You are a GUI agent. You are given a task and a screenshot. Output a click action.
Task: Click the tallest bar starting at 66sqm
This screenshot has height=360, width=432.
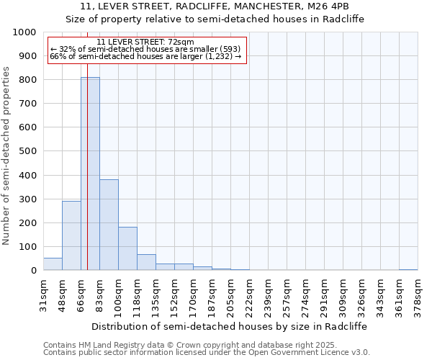point(90,174)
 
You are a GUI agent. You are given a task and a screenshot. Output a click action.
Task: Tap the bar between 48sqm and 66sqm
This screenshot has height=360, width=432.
point(71,235)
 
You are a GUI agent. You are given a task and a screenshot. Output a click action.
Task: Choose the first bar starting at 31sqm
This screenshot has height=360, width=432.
point(53,264)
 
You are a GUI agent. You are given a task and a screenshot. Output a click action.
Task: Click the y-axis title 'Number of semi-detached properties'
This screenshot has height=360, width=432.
point(6,156)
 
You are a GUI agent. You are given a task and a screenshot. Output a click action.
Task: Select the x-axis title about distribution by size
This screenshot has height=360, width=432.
point(230,326)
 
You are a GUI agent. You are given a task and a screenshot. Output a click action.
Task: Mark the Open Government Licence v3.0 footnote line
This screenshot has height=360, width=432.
point(207,353)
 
